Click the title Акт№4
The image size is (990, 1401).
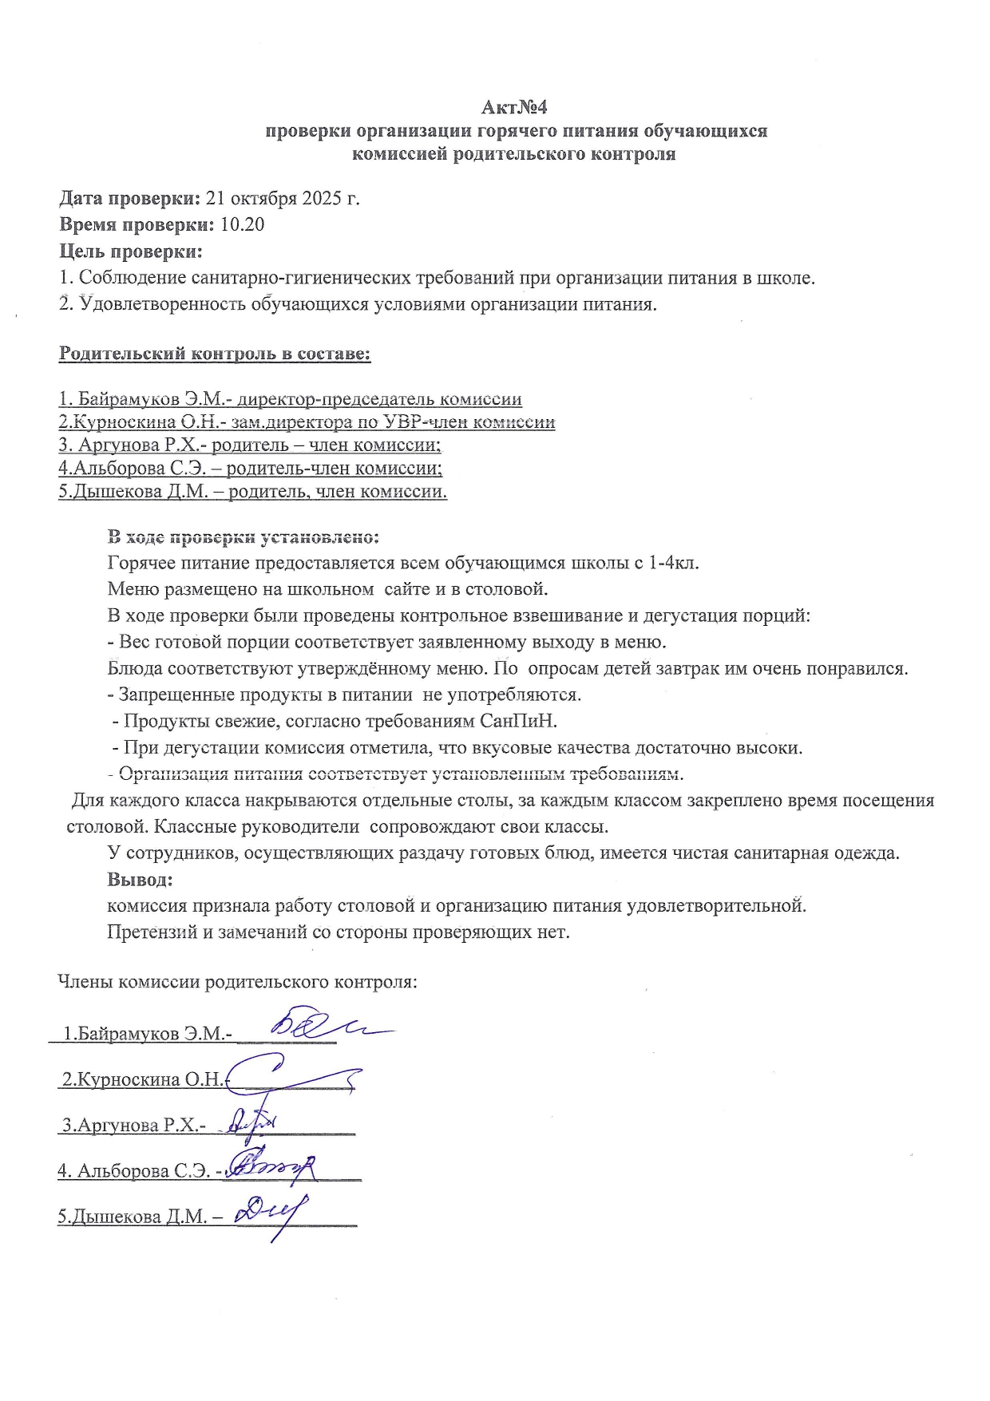515,108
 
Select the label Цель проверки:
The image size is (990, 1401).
131,252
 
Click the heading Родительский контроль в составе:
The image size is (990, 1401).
215,354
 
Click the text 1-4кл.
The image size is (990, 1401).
674,563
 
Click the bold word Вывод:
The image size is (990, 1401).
140,880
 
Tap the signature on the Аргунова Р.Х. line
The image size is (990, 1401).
251,1123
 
